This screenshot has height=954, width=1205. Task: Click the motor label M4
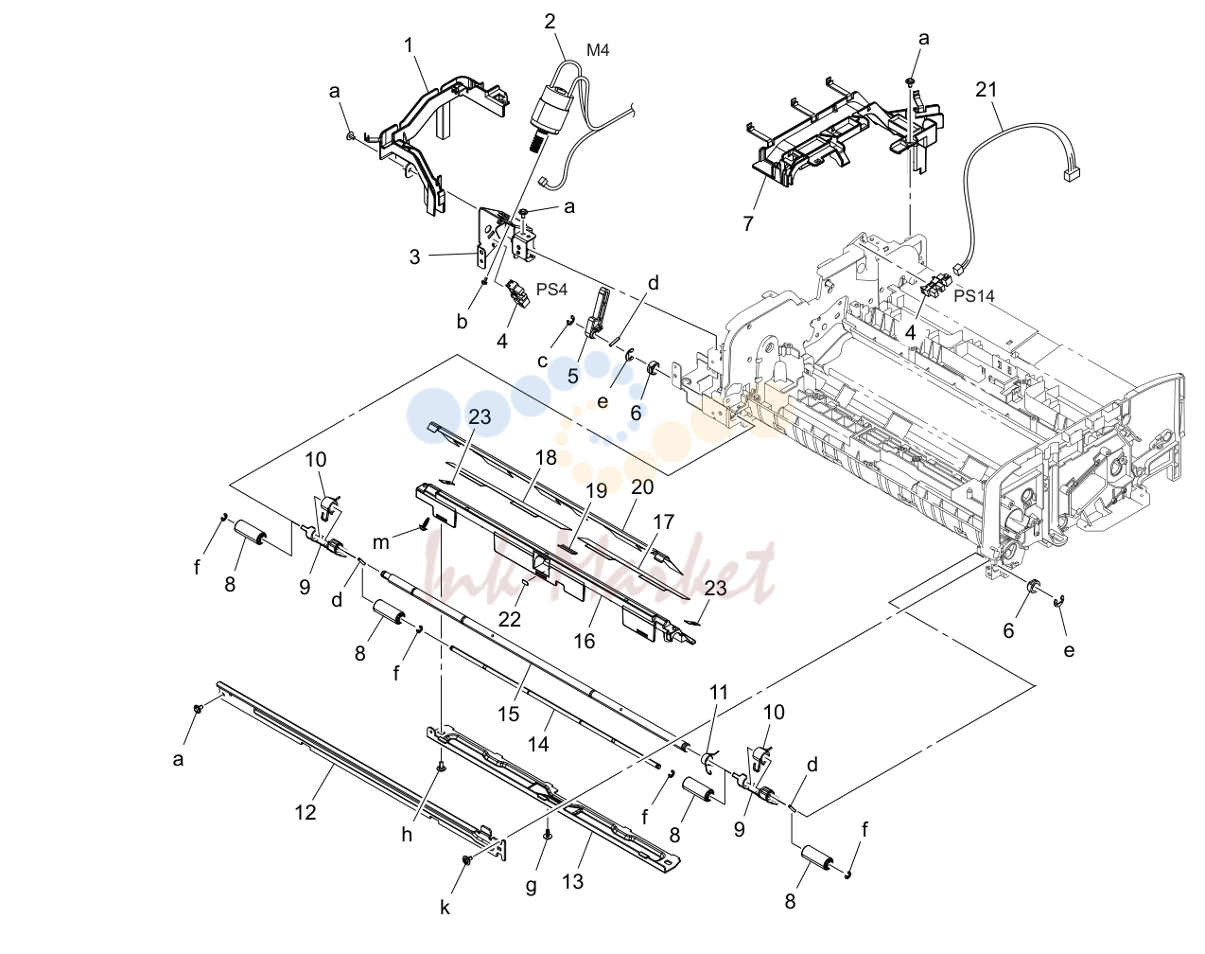[598, 50]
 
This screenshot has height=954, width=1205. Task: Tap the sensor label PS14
[974, 295]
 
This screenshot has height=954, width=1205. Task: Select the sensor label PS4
[551, 290]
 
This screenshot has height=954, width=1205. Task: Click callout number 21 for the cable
[987, 90]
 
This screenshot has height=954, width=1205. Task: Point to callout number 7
[748, 223]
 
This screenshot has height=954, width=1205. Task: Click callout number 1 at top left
[409, 45]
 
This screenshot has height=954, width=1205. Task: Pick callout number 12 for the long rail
[306, 812]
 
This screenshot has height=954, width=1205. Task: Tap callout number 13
[572, 882]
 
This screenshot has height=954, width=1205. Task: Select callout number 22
[509, 619]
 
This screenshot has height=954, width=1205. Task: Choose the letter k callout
[445, 908]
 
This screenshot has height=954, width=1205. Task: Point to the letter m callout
[381, 542]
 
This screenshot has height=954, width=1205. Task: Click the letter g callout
[531, 886]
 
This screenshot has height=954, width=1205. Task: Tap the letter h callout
[407, 835]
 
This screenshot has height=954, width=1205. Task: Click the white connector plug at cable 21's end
[1071, 175]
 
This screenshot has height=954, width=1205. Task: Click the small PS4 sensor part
[517, 293]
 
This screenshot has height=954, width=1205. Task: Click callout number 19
[596, 491]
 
